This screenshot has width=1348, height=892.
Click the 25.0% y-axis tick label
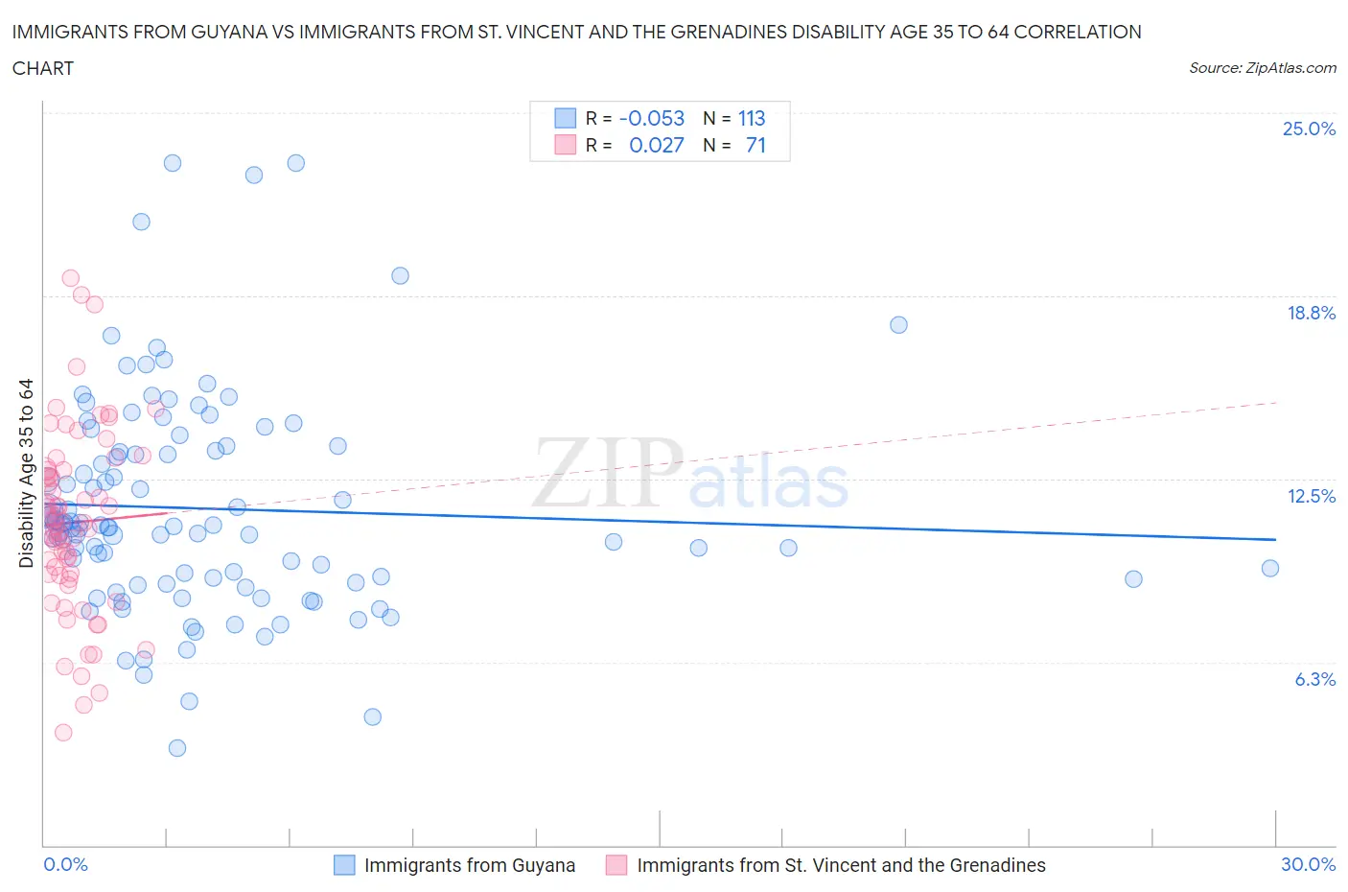[1309, 129]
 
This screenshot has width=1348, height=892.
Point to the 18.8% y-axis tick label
[1311, 313]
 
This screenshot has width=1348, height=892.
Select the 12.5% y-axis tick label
[1311, 496]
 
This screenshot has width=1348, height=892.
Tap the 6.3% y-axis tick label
[1314, 679]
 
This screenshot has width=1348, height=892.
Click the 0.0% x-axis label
[65, 864]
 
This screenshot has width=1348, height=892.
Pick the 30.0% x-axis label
[1308, 864]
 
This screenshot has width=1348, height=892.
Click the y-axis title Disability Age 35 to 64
[26, 473]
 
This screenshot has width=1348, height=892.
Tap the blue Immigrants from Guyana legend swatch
[344, 865]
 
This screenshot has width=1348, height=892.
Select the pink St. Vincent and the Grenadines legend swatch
[616, 865]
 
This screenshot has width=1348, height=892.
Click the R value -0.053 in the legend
[652, 118]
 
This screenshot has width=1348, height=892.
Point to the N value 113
[752, 118]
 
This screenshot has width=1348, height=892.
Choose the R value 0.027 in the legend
[656, 145]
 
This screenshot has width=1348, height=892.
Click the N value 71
[755, 145]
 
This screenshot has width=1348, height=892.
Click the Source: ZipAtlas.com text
[1262, 67]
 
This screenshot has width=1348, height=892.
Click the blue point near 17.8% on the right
[898, 325]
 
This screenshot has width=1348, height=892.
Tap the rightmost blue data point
[1270, 568]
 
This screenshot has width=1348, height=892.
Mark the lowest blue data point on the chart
[177, 748]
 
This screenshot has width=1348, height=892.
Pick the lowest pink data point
[63, 733]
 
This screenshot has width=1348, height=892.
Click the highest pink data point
[70, 278]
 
